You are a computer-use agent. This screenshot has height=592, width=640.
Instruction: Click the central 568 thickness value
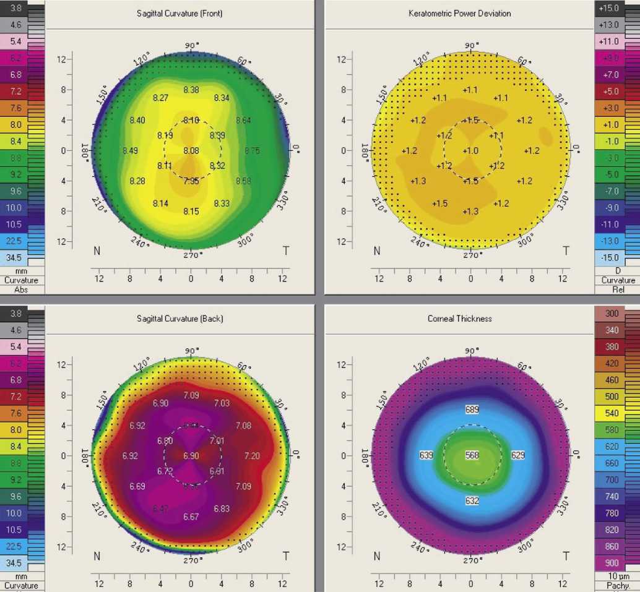(x=472, y=455)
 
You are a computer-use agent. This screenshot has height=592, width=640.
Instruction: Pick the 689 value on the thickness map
(x=472, y=410)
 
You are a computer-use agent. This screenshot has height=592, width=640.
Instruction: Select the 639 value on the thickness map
(x=426, y=455)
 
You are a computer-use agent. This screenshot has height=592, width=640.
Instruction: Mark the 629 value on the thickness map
(x=518, y=455)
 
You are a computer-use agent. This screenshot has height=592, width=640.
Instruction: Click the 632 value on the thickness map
(x=472, y=500)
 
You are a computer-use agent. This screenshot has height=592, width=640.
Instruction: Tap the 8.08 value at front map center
(x=191, y=150)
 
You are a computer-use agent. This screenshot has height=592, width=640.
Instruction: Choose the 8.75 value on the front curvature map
(x=253, y=150)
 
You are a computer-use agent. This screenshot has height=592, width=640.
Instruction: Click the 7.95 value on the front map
(x=191, y=181)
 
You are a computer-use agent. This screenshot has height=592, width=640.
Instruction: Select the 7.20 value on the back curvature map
(x=253, y=456)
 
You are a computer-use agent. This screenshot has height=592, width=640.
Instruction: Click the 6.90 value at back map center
(x=191, y=456)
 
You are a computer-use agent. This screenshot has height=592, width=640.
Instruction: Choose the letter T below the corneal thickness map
(x=565, y=556)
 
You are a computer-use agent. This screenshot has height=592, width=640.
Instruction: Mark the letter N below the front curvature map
(x=97, y=251)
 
